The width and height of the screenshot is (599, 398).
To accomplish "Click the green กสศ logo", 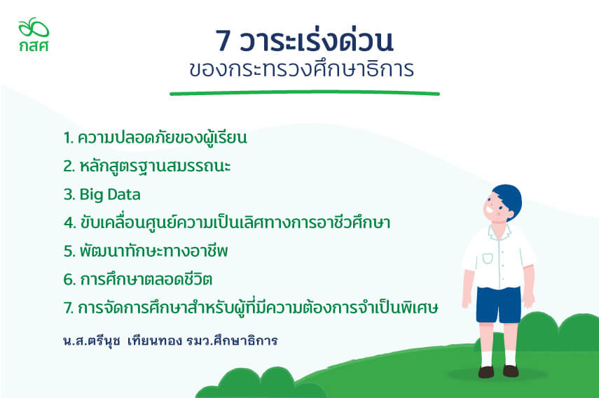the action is click(34, 34).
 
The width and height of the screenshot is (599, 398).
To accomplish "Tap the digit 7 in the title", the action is click(223, 41).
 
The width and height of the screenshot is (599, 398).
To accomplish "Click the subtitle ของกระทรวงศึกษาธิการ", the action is click(301, 69).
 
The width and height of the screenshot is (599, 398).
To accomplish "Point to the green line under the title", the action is click(305, 93).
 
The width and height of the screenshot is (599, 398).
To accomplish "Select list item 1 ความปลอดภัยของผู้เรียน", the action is click(155, 138).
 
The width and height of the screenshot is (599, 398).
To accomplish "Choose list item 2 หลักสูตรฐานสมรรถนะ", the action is click(147, 166).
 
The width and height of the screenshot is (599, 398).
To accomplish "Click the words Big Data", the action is click(110, 194).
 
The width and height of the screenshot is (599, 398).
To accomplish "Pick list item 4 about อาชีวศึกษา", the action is click(227, 222).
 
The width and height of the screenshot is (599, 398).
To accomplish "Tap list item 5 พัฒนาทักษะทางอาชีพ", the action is click(146, 250).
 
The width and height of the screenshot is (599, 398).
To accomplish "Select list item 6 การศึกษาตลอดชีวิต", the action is click(137, 279).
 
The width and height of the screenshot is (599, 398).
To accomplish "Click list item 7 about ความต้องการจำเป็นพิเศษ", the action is click(251, 307).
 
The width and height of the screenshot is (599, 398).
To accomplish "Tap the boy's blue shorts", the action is click(499, 304).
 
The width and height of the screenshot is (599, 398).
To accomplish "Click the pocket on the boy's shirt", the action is click(488, 258).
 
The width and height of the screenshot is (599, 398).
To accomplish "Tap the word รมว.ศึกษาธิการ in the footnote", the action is click(232, 341).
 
